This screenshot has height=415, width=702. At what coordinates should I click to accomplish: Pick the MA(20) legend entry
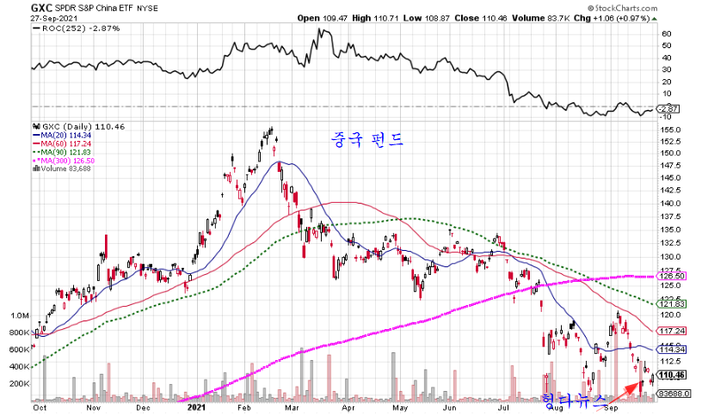(63, 135)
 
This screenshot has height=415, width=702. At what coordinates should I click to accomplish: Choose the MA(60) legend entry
(63, 143)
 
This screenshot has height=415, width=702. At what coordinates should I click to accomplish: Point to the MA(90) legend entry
(63, 151)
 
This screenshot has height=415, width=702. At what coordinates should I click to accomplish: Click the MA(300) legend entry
(65, 159)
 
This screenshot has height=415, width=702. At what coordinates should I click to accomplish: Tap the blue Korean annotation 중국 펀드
(367, 137)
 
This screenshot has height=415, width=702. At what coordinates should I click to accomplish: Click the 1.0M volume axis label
(18, 315)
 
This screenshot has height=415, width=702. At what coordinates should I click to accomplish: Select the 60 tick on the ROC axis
(666, 34)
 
